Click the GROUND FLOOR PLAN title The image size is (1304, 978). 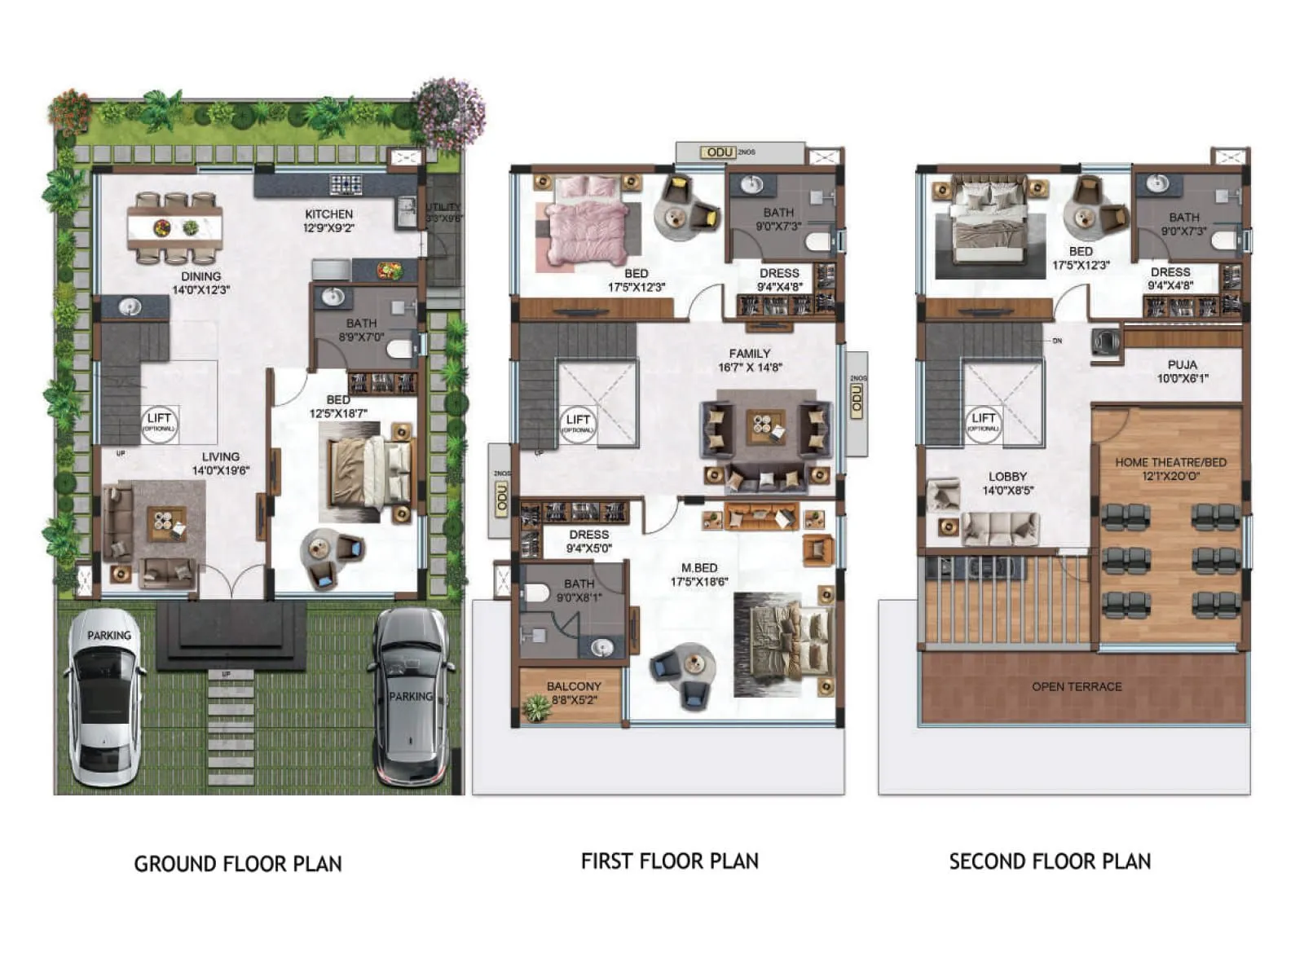click(238, 864)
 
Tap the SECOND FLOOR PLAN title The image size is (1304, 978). click(1050, 861)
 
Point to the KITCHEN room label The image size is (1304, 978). click(329, 214)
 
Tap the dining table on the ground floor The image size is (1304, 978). click(175, 227)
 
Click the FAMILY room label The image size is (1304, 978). click(749, 354)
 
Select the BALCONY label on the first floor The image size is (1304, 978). click(574, 687)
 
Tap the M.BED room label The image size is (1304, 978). click(699, 568)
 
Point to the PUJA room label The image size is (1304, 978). click(1183, 365)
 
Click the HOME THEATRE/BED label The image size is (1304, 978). click(1170, 462)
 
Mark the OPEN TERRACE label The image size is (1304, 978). click(1077, 687)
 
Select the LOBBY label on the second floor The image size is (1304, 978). click(1007, 477)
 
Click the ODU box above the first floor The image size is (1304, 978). click(720, 152)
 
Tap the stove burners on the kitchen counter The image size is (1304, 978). click(346, 184)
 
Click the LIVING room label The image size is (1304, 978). click(221, 457)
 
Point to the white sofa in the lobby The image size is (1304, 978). click(999, 527)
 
